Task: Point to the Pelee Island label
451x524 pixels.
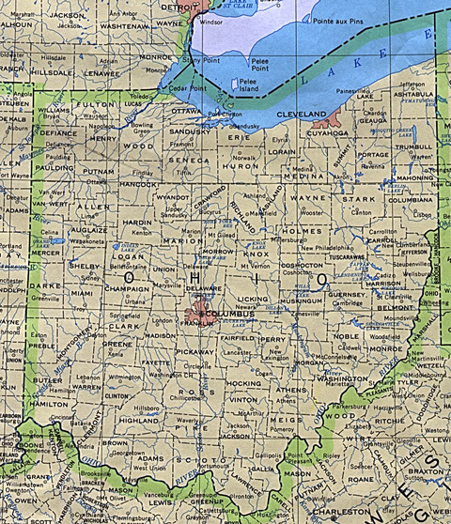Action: point(247,84)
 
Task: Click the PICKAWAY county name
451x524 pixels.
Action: point(194,350)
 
